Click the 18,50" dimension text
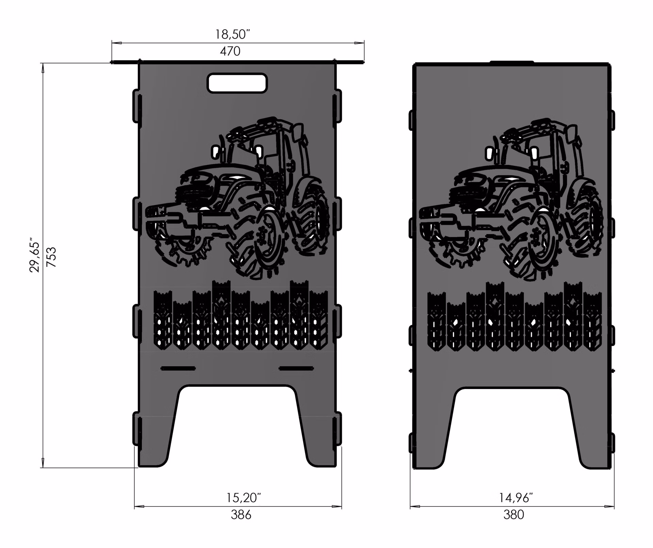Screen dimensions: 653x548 pyautogui.click(x=233, y=34)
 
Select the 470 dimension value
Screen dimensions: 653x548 pyautogui.click(x=230, y=51)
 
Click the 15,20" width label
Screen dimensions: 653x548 pyautogui.click(x=244, y=498)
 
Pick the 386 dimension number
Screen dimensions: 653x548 pyautogui.click(x=241, y=515)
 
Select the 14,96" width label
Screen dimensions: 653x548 pyautogui.click(x=516, y=498)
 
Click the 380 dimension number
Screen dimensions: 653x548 pyautogui.click(x=514, y=515)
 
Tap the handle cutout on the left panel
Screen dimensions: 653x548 pyautogui.click(x=237, y=83)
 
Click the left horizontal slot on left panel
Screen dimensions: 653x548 pyautogui.click(x=178, y=368)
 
